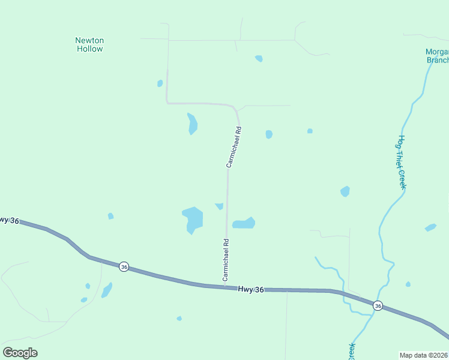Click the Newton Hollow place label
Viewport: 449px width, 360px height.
pos(89,44)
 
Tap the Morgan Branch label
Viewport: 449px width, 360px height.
pos(437,55)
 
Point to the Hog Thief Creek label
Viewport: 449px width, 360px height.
pos(402,162)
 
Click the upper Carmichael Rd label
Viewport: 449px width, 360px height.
pos(234,147)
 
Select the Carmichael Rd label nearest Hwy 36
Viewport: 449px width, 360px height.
pos(226,260)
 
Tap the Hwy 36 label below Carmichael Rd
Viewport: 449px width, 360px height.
pos(251,289)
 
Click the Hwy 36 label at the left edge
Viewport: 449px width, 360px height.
pos(8,220)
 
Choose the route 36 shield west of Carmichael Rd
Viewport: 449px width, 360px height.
pos(123,266)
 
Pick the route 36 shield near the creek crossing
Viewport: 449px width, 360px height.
pos(378,305)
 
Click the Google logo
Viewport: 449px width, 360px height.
pos(20,353)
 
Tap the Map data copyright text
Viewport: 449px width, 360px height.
pos(424,355)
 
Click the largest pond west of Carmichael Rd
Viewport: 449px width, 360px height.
pos(193,219)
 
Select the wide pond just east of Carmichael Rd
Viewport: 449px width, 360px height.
pos(244,223)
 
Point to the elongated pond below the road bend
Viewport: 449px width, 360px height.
pos(192,124)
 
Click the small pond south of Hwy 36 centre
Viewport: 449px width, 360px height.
pos(179,318)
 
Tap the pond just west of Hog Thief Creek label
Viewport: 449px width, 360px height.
pos(345,191)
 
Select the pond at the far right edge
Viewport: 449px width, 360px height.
pos(430,227)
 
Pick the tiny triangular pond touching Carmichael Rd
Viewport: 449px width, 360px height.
pos(219,206)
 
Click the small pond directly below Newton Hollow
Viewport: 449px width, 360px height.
pos(160,83)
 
